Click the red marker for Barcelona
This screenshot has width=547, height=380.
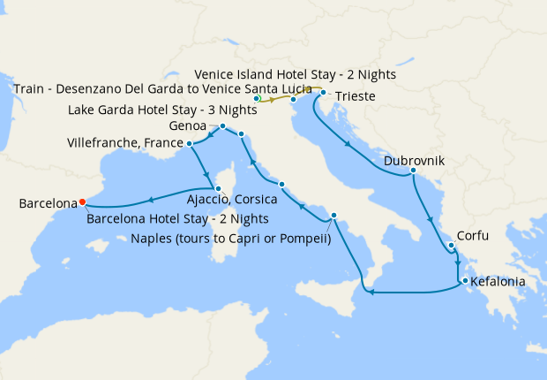pos(83,200)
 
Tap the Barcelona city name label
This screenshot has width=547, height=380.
pos(48,204)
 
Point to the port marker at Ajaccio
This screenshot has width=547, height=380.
pos(218,187)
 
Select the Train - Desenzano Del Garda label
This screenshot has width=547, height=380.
pos(163,89)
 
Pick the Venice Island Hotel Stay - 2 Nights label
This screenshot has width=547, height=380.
pos(295,75)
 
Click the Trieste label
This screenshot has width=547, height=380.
pos(356,95)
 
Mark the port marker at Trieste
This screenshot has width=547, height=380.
pos(324,93)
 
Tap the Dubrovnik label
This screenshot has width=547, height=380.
pos(414,162)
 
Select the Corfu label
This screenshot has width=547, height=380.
pos(474,237)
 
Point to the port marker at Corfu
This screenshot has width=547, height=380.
pos(450,246)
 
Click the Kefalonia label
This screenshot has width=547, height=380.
pos(498,282)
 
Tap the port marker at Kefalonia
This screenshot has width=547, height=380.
pos(461,282)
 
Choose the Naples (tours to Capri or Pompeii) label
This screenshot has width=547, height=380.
pos(230,237)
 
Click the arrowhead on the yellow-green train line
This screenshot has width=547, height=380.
pos(273,100)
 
